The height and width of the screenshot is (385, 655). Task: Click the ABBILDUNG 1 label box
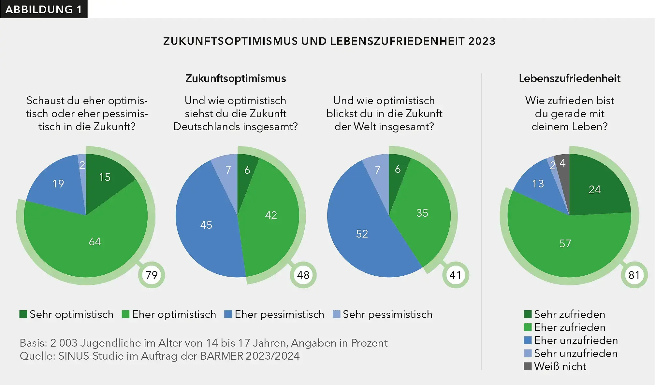point(44,9)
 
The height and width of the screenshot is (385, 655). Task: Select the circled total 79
point(152,275)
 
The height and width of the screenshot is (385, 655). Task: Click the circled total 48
point(303,275)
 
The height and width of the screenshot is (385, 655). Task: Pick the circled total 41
point(455,275)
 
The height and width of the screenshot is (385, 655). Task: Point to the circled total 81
point(634,275)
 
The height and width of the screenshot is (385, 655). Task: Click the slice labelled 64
point(95,241)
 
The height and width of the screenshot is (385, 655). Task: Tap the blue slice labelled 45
point(206,225)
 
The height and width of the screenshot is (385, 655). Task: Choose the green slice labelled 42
point(271,215)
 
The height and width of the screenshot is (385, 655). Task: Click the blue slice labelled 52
point(362,234)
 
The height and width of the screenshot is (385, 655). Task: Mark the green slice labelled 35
point(422,213)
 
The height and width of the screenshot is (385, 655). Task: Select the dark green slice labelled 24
point(594,189)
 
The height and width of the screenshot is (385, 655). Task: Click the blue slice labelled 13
point(538,184)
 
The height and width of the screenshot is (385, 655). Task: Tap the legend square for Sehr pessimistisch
point(336,314)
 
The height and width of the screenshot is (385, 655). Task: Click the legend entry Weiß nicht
point(560,366)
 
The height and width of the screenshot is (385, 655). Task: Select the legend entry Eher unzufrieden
point(576,340)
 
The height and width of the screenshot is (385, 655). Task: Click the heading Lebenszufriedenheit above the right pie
point(569,78)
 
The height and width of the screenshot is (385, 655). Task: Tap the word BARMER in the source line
point(222,356)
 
